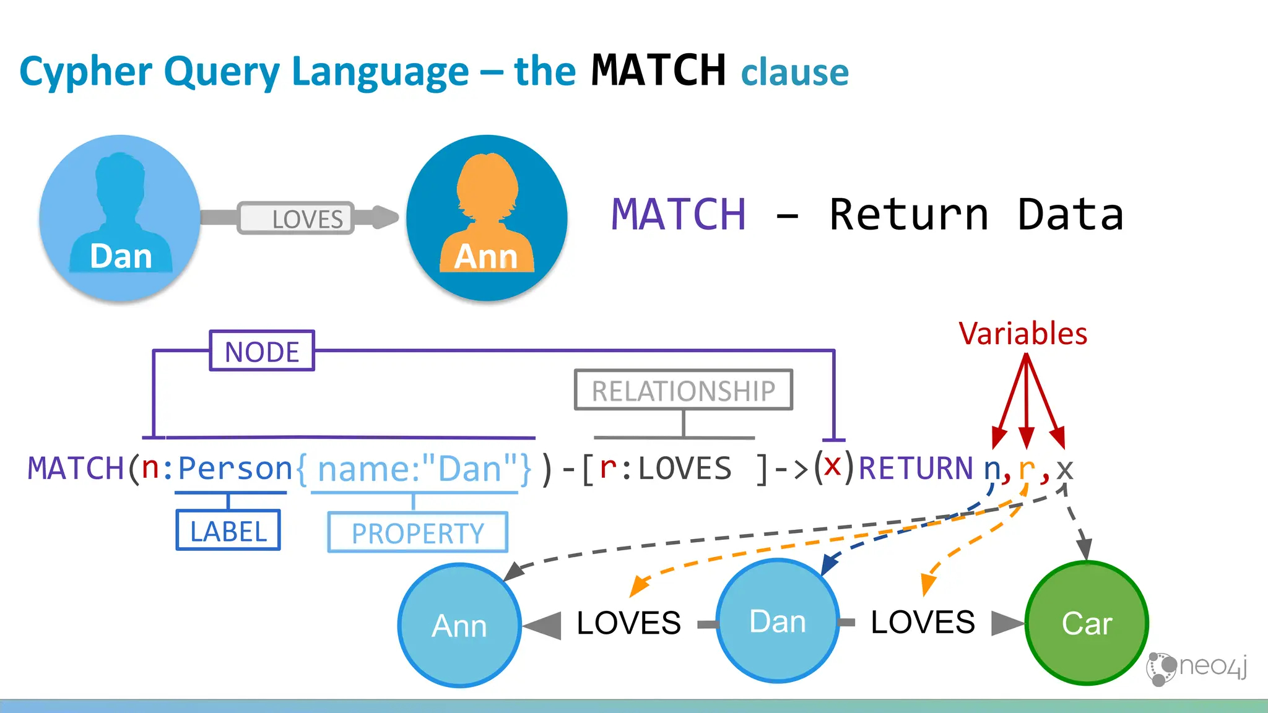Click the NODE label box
(262, 351)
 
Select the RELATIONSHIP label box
(683, 390)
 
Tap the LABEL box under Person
(228, 530)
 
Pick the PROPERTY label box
(417, 532)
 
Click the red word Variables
(1023, 334)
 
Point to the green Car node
(1087, 623)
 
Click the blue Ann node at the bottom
(459, 625)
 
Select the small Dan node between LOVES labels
(778, 621)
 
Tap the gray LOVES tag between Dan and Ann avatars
(296, 218)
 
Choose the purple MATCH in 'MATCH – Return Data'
(679, 215)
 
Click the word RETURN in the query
(916, 468)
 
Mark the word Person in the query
(235, 468)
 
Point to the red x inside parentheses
(833, 465)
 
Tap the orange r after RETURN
(1026, 468)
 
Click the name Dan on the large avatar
(121, 256)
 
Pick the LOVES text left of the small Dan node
(628, 623)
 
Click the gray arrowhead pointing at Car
(1006, 623)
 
